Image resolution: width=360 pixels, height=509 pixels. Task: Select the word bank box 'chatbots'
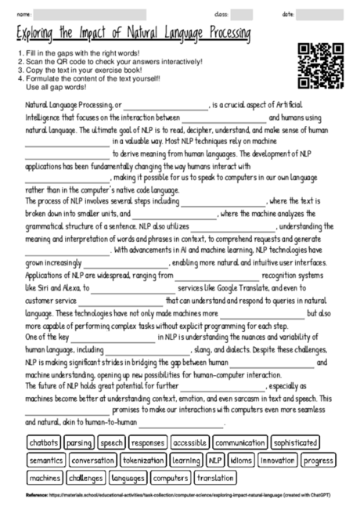click(45, 442)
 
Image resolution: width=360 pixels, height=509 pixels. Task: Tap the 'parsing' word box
click(79, 442)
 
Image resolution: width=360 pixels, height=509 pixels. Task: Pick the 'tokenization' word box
click(143, 460)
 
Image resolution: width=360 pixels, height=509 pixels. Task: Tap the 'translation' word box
click(214, 478)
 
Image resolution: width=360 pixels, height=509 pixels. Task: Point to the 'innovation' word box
click(278, 460)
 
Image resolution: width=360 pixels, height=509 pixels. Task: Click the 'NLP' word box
click(215, 460)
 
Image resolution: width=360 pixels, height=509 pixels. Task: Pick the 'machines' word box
click(45, 478)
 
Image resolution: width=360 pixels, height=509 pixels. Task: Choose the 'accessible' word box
click(189, 442)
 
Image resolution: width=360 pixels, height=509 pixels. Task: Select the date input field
click(326, 14)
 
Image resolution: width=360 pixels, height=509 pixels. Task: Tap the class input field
click(241, 14)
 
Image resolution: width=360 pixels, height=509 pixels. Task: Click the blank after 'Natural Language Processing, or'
click(164, 104)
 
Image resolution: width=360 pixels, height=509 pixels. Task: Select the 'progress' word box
click(319, 460)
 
